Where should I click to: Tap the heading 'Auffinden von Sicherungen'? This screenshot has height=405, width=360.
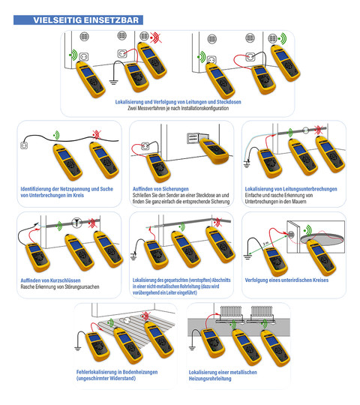point(160,189)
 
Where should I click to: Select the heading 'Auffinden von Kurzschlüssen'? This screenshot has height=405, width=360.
point(50,280)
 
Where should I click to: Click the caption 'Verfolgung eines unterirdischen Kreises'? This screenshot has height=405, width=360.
point(286,280)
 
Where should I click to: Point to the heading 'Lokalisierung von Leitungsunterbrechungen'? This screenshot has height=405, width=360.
point(291,189)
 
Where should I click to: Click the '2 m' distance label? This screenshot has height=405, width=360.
point(265,244)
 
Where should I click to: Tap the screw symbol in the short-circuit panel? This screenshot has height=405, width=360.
point(76,222)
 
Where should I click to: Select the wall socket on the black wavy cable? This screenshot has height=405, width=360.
point(24,145)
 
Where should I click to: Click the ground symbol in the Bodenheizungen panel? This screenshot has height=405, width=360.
point(77,349)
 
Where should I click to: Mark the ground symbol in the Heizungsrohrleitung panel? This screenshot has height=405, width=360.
point(191,348)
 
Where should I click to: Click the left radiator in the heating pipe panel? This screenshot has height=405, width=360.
point(230,314)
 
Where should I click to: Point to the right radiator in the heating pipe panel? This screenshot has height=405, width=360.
point(261,314)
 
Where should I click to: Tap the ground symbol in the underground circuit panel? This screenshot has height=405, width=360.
point(247,256)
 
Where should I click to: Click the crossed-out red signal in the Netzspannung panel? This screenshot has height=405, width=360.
point(97,134)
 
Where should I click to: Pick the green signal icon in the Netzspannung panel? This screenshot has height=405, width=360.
point(56,135)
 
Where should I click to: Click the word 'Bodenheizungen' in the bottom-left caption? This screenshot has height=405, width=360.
point(140,372)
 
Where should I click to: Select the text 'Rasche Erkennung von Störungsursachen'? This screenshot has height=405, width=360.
point(60,286)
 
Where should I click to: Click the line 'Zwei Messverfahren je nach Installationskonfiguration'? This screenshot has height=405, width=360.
point(178,108)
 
